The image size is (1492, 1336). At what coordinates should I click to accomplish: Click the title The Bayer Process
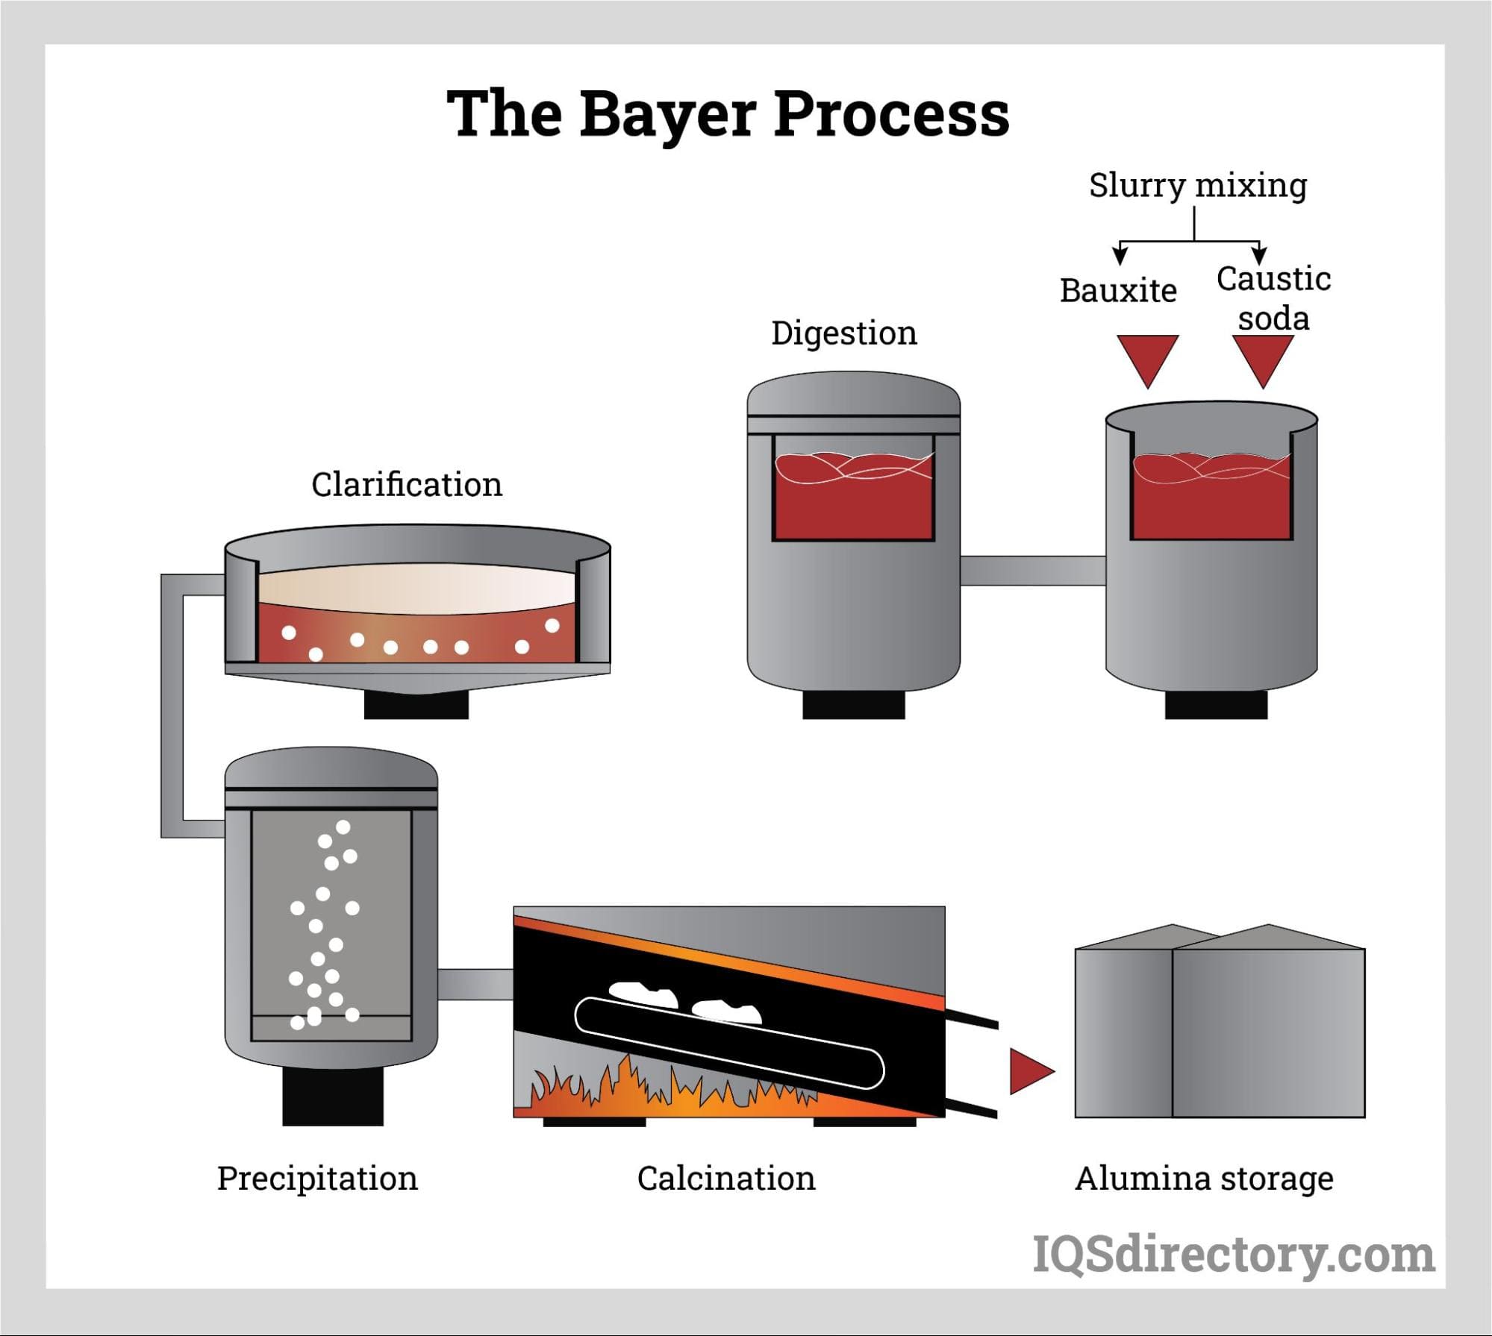pyautogui.click(x=728, y=113)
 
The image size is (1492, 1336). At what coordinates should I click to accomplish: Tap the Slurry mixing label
pyautogui.click(x=1197, y=185)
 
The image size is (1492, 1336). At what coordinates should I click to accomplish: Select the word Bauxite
pyautogui.click(x=1118, y=291)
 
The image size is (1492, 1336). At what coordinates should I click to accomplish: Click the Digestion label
pyautogui.click(x=843, y=333)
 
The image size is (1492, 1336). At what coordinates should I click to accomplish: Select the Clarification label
pyautogui.click(x=406, y=485)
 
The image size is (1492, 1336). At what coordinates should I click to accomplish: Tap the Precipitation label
pyautogui.click(x=317, y=1179)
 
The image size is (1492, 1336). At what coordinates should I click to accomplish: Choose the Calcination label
pyautogui.click(x=726, y=1179)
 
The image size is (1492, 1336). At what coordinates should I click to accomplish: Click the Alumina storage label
pyautogui.click(x=1204, y=1179)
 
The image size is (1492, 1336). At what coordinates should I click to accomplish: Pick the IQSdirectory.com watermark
pyautogui.click(x=1233, y=1255)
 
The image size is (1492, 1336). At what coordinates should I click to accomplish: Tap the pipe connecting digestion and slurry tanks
pyautogui.click(x=1032, y=571)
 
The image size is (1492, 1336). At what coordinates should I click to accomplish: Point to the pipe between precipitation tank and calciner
pyautogui.click(x=475, y=984)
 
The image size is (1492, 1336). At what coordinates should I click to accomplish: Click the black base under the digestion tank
pyautogui.click(x=853, y=705)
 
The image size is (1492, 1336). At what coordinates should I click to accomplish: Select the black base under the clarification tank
pyautogui.click(x=416, y=706)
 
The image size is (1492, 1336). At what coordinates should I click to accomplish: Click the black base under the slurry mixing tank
pyautogui.click(x=1216, y=705)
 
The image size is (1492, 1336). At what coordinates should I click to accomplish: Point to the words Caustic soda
pyautogui.click(x=1273, y=298)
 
